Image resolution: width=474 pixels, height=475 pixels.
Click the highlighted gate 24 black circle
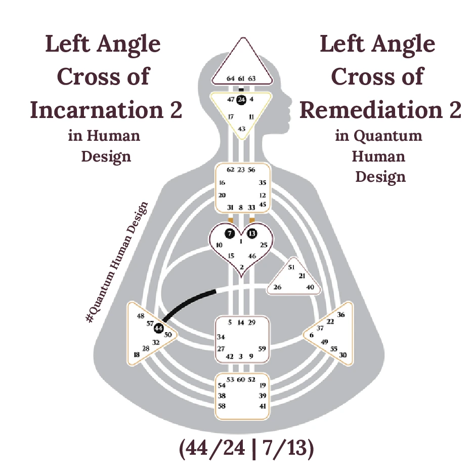coord(241,99)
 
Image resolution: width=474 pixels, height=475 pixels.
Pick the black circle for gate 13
coord(252,233)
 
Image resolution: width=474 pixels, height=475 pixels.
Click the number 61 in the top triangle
coord(241,78)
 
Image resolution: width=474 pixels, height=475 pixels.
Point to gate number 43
coord(242,129)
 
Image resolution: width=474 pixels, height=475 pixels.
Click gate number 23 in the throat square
coord(241,170)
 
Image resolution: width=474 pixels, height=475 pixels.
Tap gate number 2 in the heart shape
coord(241,267)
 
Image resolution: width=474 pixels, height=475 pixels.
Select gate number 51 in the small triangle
coord(291,266)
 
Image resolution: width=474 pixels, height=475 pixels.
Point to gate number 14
coord(241,323)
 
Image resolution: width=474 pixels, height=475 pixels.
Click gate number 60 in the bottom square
coord(241,379)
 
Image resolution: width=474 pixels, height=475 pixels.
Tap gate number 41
coord(262,406)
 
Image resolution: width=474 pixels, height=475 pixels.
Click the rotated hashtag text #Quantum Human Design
coord(117,262)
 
